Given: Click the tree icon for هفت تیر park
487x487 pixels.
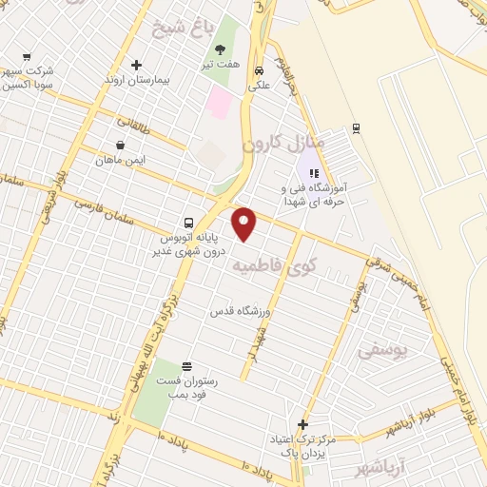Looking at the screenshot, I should pyautogui.click(x=221, y=49).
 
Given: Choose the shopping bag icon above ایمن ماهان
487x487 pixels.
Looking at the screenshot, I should pyautogui.click(x=121, y=145).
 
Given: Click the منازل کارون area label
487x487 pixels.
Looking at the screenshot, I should pyautogui.click(x=284, y=146).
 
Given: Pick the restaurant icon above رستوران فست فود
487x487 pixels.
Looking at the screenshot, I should pyautogui.click(x=185, y=366).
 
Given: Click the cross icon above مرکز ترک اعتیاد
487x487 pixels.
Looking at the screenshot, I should pyautogui.click(x=302, y=424).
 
